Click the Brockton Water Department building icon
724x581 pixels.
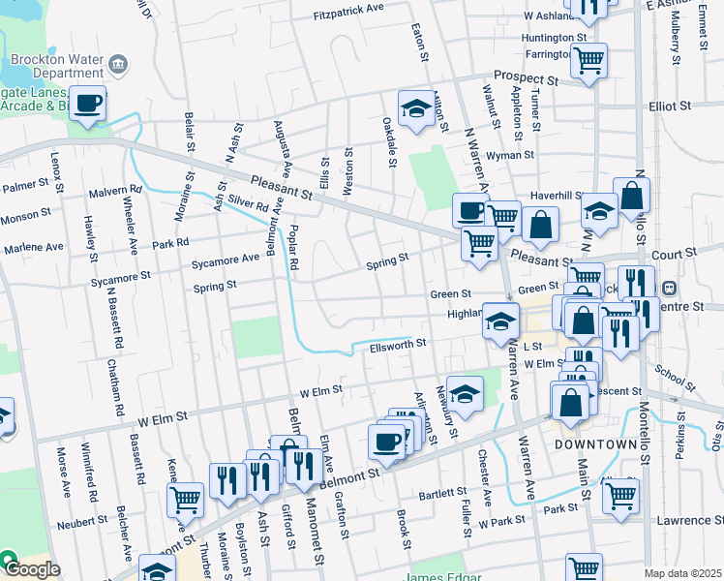point(118,65)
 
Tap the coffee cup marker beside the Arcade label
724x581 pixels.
point(87,103)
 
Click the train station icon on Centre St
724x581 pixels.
point(668,288)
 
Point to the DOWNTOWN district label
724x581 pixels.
point(596,444)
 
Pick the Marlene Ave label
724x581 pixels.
point(33,248)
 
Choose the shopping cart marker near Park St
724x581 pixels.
point(620,496)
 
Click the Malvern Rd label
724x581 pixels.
point(115,193)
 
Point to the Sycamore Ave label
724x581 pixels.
point(226,259)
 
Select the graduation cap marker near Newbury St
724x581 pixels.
point(465,394)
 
